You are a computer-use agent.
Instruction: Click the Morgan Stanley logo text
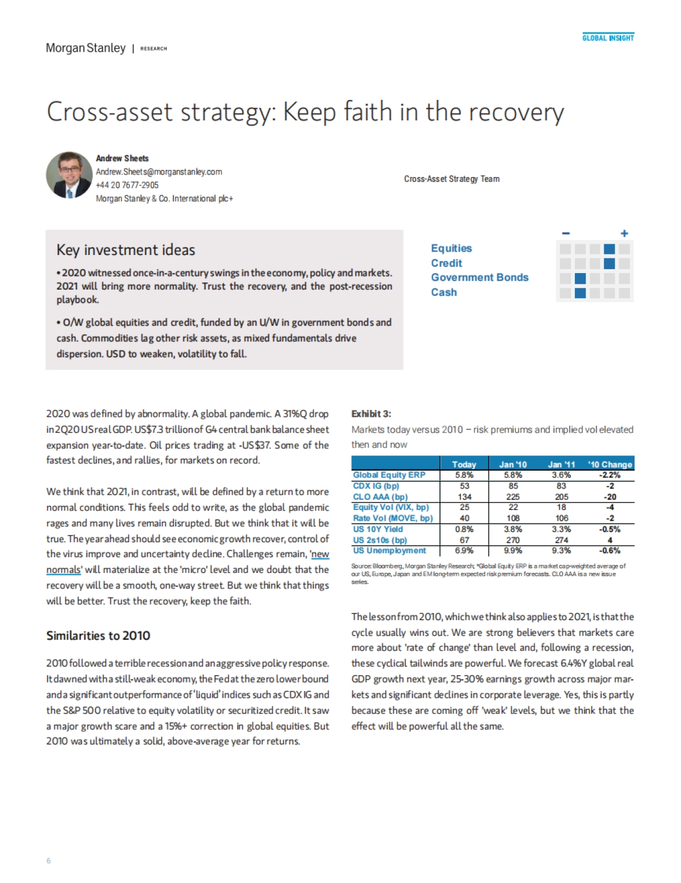(x=86, y=48)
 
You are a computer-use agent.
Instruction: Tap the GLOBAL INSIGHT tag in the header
(x=608, y=38)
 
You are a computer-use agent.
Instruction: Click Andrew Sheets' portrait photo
(x=69, y=175)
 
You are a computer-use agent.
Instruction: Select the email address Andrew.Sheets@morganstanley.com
(x=159, y=171)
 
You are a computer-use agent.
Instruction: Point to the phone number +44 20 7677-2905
(x=127, y=185)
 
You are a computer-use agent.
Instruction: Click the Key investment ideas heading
(x=125, y=250)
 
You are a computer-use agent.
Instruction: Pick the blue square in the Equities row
(x=609, y=249)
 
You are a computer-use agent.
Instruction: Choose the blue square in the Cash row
(x=580, y=293)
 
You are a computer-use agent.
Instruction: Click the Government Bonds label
(x=480, y=277)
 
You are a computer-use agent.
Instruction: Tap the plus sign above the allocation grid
(x=624, y=233)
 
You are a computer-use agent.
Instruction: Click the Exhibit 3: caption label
(x=371, y=414)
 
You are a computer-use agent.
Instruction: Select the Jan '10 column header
(x=512, y=464)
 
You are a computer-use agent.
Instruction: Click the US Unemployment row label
(x=389, y=550)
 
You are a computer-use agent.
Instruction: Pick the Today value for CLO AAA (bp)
(x=464, y=497)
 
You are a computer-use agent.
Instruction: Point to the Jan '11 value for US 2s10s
(x=561, y=540)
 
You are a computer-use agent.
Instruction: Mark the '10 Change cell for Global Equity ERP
(x=609, y=475)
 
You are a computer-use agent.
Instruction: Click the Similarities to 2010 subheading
(x=98, y=635)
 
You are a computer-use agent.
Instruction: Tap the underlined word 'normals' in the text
(x=64, y=570)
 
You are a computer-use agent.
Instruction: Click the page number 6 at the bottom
(x=48, y=861)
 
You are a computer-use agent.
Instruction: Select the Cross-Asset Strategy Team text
(x=452, y=179)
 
